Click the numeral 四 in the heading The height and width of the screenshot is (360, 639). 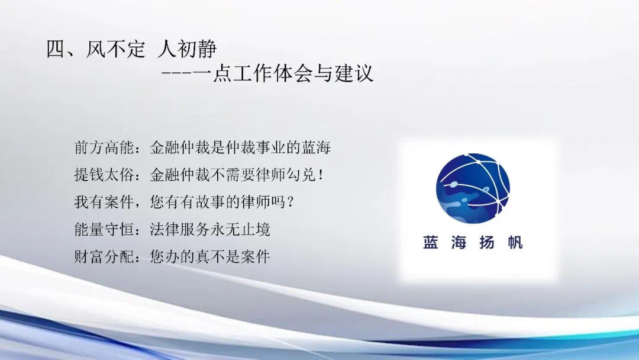point(56,49)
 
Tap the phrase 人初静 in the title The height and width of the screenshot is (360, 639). point(187,49)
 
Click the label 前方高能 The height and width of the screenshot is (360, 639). point(104,147)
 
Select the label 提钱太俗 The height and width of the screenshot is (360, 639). point(104,175)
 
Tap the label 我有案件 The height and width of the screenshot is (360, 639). point(104,202)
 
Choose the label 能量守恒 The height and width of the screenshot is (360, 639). point(104,229)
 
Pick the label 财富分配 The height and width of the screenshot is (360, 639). point(104,256)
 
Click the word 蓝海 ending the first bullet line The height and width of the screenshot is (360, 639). point(316,147)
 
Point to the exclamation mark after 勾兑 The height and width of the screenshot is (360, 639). point(321,175)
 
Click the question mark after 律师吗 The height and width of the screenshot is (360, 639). point(291,202)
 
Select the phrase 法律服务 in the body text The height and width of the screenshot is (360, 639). point(180,229)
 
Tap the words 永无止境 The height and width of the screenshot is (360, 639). point(240,229)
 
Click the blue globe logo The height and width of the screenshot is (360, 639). point(473,188)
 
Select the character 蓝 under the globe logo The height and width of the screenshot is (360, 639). point(430,242)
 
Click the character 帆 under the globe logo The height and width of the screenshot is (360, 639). point(515,242)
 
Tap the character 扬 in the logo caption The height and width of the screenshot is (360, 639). point(487,242)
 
